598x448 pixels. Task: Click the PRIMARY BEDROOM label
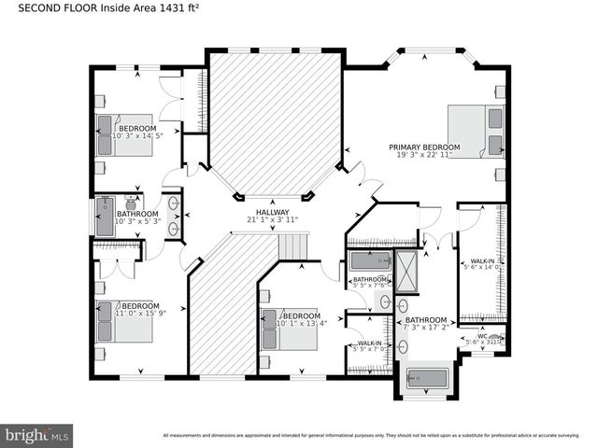coord(425,147)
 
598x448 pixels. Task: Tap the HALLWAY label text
coord(272,212)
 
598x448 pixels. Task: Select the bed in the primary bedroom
coord(477,131)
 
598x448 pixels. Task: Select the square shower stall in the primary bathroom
coord(407,271)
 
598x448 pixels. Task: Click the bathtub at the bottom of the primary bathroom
coord(428,381)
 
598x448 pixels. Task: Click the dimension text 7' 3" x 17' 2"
coord(427,328)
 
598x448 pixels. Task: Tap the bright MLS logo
coord(36,435)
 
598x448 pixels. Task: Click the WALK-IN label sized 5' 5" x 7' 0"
coord(370,343)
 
